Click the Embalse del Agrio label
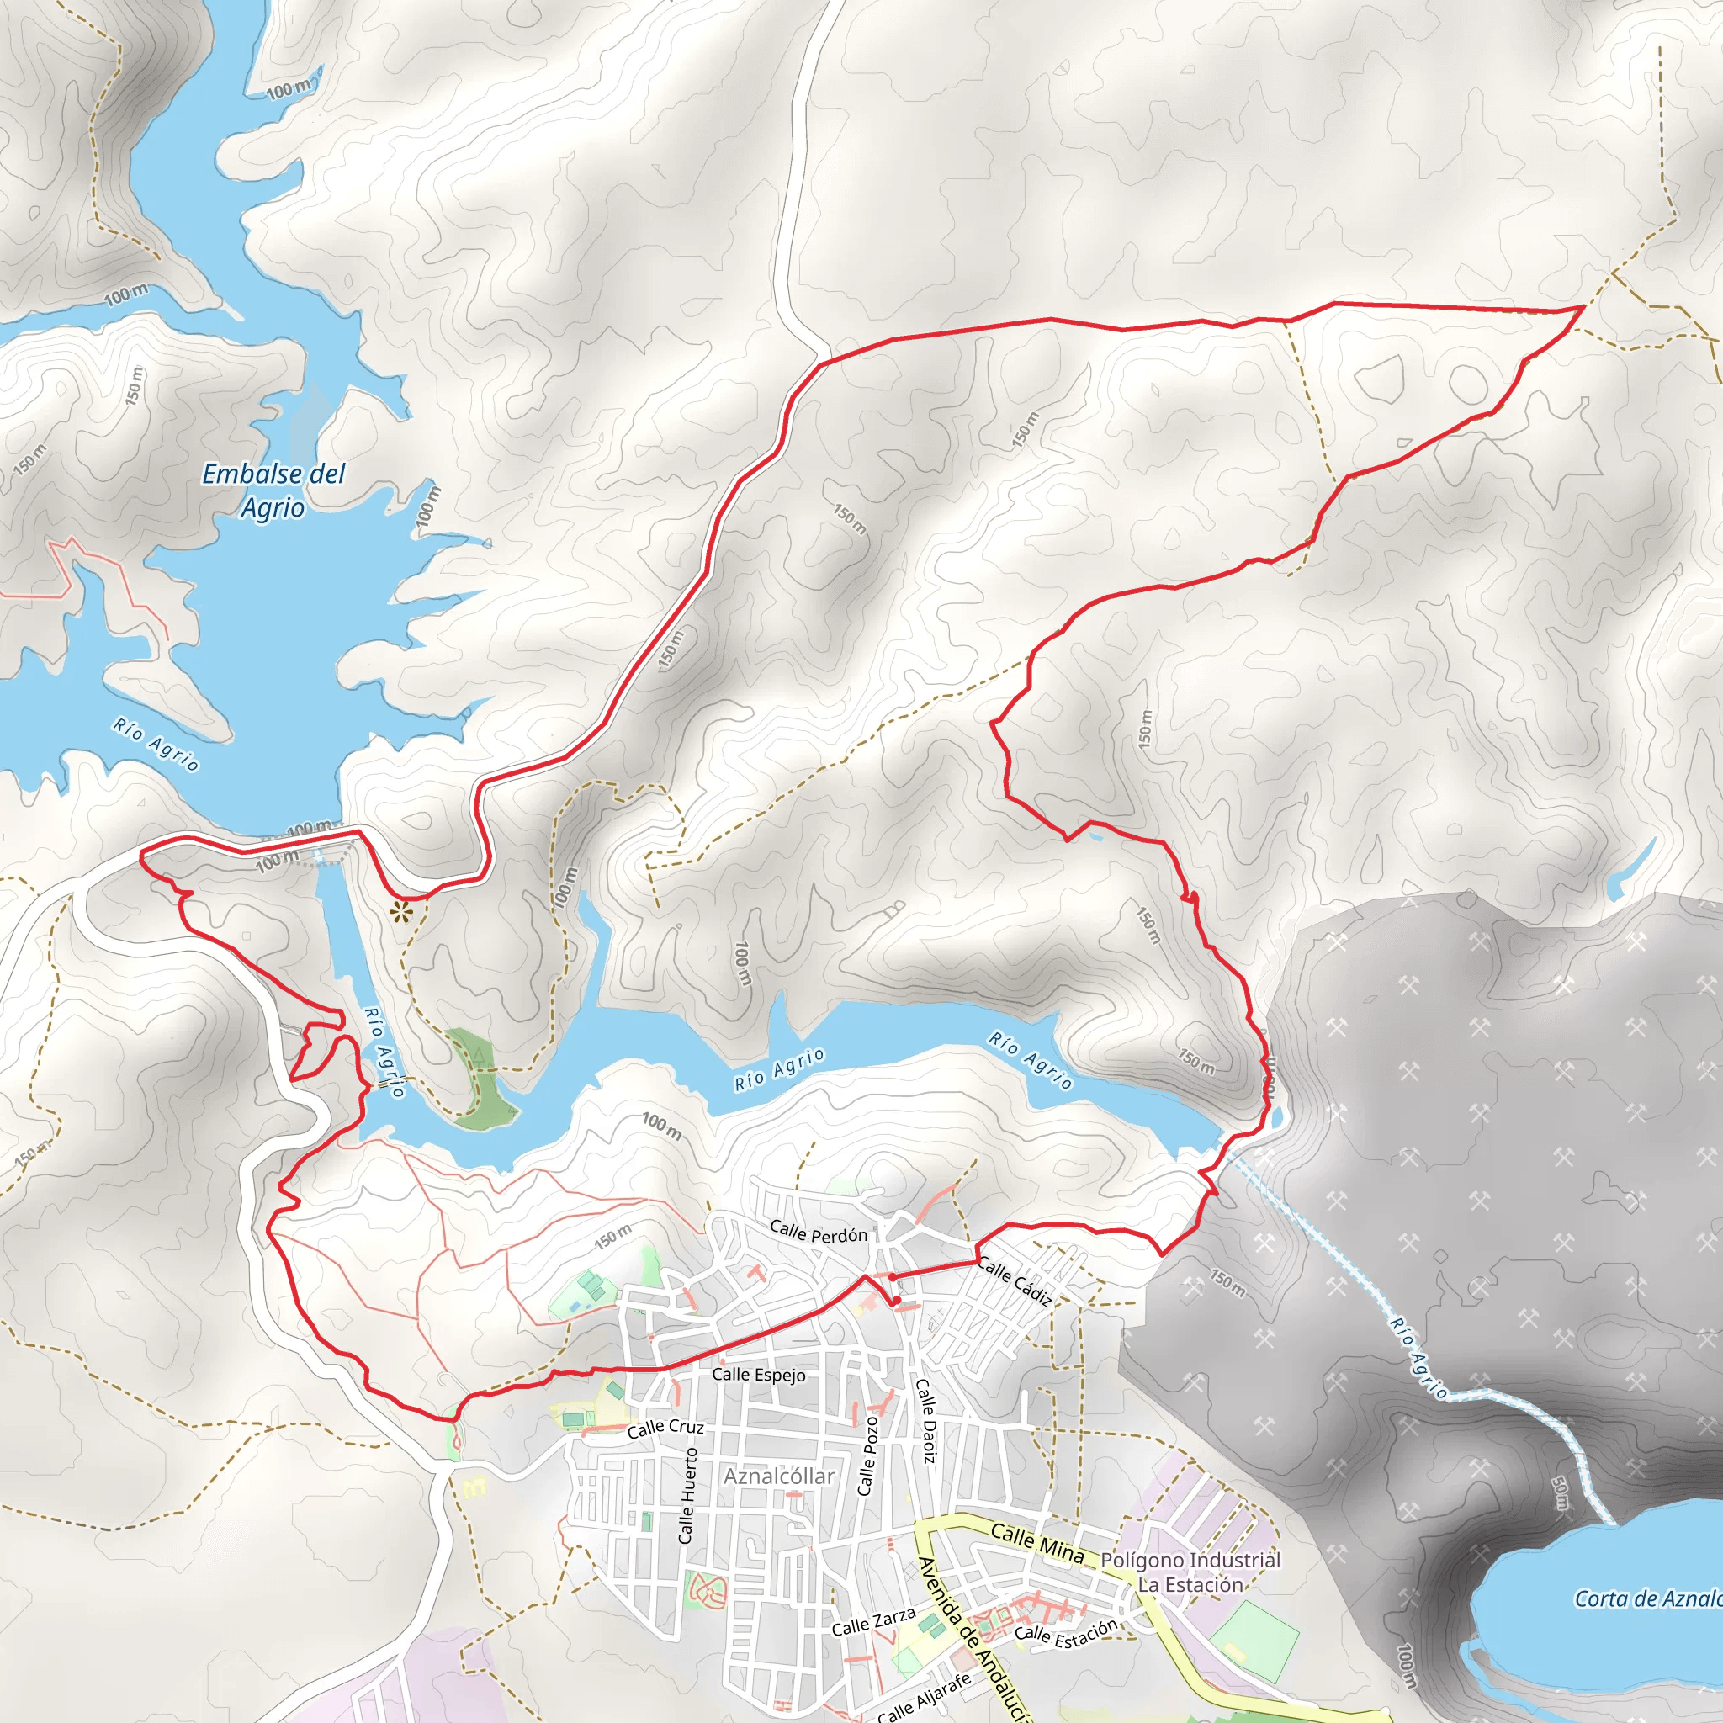(273, 490)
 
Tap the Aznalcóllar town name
(778, 1476)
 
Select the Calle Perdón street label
(818, 1233)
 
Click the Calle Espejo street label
(758, 1375)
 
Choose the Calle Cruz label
(665, 1428)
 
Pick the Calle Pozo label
(867, 1456)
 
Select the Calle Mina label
(1037, 1544)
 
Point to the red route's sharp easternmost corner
(1583, 307)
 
